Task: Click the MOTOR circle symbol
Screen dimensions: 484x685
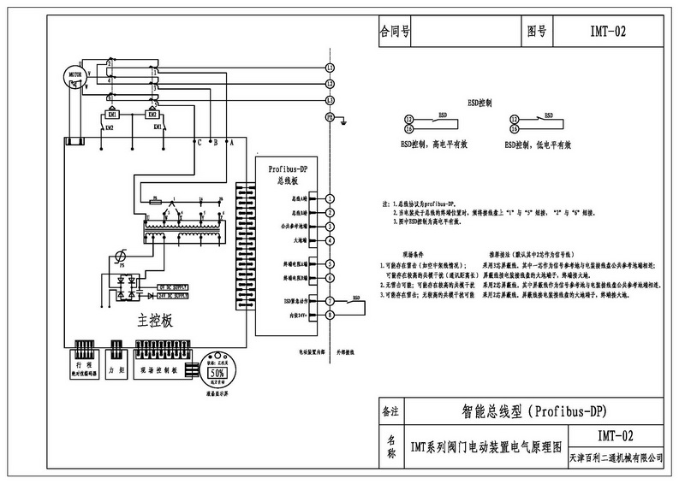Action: tap(72, 76)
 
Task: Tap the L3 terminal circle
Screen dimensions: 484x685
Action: tap(330, 101)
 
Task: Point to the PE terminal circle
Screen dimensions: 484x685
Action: tap(330, 116)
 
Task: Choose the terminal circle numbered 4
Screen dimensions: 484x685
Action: tap(330, 240)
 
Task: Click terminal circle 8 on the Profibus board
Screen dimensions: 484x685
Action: tap(330, 315)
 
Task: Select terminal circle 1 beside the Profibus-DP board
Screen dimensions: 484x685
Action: tap(330, 198)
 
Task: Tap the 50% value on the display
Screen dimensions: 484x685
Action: tap(217, 374)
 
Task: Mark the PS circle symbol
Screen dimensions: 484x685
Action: tap(122, 254)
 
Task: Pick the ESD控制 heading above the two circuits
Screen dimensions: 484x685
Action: tap(479, 101)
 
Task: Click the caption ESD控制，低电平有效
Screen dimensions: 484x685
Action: tap(538, 145)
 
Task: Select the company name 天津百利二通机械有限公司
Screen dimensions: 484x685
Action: tap(616, 458)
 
